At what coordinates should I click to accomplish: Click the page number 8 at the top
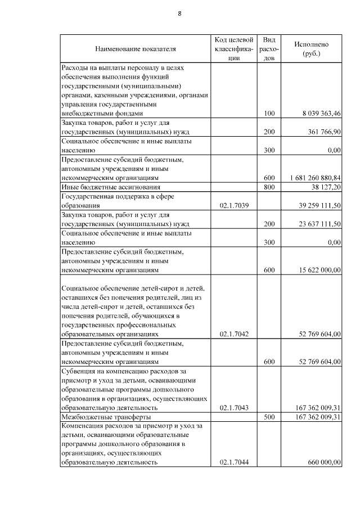pyautogui.click(x=179, y=13)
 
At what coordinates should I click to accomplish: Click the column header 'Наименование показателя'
pyautogui.click(x=136, y=49)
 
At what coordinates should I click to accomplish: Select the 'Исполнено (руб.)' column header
pyautogui.click(x=311, y=49)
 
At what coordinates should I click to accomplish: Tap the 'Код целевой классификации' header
pyautogui.click(x=234, y=49)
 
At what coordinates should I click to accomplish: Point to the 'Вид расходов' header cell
pyautogui.click(x=269, y=49)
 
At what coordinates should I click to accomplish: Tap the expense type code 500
pyautogui.click(x=269, y=417)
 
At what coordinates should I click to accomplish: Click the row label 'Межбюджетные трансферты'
pyautogui.click(x=106, y=417)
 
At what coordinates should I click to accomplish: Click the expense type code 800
pyautogui.click(x=269, y=187)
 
